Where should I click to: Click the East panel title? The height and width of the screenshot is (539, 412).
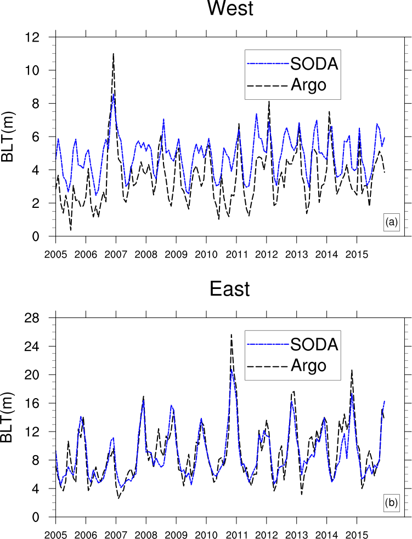pyautogui.click(x=230, y=289)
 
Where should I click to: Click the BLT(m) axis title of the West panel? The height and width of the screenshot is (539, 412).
pyautogui.click(x=9, y=137)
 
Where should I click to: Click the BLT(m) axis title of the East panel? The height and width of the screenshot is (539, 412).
pyautogui.click(x=9, y=417)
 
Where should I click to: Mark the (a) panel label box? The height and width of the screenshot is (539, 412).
pyautogui.click(x=391, y=222)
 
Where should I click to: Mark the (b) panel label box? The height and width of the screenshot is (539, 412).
pyautogui.click(x=391, y=502)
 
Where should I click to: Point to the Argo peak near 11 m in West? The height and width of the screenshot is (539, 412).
pyautogui.click(x=113, y=54)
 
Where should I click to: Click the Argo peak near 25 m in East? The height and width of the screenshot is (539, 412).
pyautogui.click(x=231, y=334)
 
